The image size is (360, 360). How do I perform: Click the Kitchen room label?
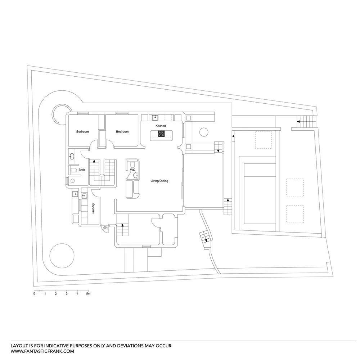161,126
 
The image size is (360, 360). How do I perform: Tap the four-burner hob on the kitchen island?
161,134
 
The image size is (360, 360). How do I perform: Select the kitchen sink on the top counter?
156,117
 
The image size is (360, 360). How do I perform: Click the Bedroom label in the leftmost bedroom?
82,132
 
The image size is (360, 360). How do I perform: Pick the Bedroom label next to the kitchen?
122,132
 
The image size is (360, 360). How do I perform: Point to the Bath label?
82,170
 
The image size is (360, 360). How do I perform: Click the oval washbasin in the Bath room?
72,157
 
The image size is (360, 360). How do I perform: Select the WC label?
132,169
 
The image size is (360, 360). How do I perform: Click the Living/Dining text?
159,181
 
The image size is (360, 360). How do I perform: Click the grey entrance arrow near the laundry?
105,228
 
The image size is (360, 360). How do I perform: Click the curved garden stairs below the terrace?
206,238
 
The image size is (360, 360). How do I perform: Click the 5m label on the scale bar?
88,294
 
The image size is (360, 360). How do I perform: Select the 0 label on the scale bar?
34,294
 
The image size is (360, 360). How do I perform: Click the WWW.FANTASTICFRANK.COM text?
42,351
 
